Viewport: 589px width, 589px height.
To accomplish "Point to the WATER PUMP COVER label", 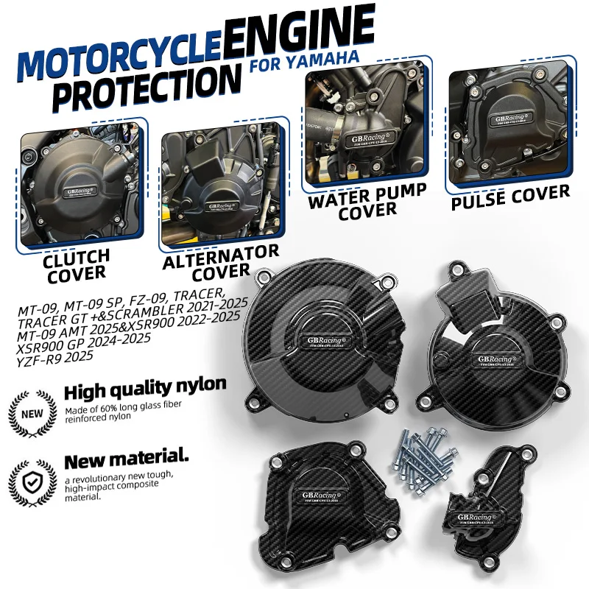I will coord(367,199).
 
